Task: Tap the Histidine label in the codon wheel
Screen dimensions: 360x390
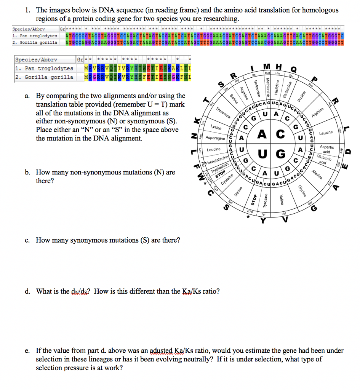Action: point(277,87)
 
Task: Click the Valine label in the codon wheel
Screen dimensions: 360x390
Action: point(281,199)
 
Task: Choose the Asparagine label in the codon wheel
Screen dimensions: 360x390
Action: point(215,138)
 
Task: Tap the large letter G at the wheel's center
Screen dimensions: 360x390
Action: point(281,154)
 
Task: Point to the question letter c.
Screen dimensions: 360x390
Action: point(28,240)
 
